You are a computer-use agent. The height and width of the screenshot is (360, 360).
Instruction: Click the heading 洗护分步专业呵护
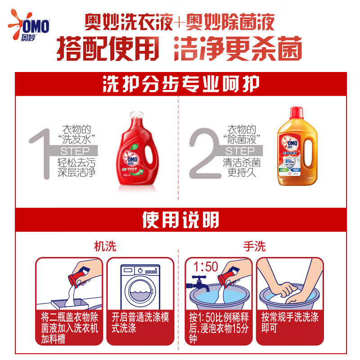point(180,84)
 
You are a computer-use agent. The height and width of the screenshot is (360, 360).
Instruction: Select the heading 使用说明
point(180,220)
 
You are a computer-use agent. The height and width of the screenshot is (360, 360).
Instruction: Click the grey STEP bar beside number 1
point(75,151)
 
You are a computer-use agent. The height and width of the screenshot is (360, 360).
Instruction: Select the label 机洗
point(104,246)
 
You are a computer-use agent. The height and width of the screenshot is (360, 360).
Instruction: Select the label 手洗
point(254,246)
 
